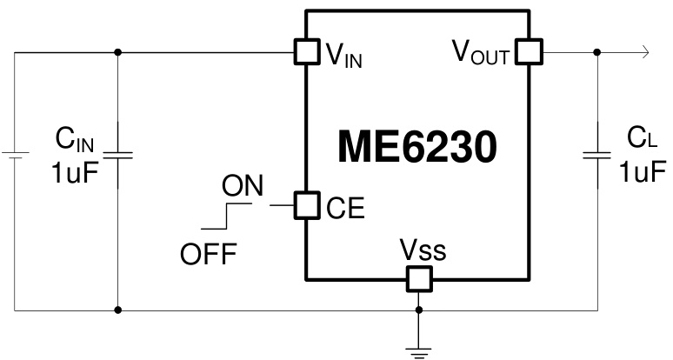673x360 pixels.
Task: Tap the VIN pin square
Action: (x=307, y=52)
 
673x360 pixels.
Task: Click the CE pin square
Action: (x=307, y=205)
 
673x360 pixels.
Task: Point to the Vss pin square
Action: (x=419, y=279)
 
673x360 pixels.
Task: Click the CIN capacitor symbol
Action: (x=118, y=156)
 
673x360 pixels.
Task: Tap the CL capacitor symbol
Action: (x=596, y=156)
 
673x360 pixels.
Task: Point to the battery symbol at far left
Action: (x=15, y=156)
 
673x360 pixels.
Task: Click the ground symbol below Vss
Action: (x=419, y=350)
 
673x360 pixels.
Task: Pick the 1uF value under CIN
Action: (x=75, y=171)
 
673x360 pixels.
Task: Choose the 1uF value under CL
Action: (x=643, y=171)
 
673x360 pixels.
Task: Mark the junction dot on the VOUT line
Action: (x=596, y=52)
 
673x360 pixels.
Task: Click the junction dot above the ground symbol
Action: (x=419, y=309)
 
